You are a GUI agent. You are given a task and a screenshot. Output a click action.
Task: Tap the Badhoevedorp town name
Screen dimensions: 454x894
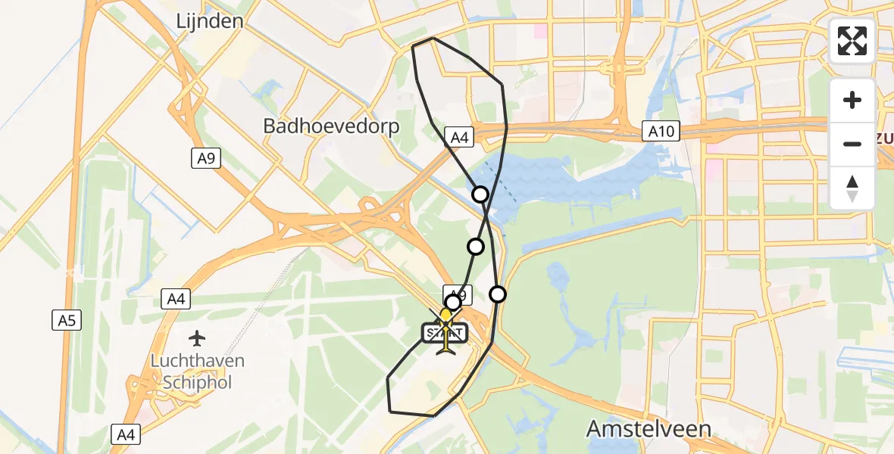(x=331, y=126)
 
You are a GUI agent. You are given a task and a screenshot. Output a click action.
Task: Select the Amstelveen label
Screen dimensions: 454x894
(x=649, y=429)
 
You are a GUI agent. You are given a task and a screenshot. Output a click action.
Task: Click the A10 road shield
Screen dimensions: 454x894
(x=661, y=132)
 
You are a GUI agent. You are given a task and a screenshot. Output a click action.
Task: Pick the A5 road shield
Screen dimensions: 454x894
(x=67, y=320)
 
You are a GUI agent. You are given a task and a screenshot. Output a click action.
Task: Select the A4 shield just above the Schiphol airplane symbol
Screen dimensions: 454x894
(x=177, y=300)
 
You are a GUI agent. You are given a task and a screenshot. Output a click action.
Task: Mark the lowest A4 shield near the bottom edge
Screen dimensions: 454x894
(x=126, y=434)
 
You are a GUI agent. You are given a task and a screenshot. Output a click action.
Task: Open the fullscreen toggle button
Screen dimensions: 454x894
(x=852, y=41)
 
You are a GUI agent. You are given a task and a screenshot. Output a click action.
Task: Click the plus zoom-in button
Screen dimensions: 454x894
(x=852, y=100)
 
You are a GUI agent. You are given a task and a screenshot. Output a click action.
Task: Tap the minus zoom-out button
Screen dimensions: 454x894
(x=852, y=144)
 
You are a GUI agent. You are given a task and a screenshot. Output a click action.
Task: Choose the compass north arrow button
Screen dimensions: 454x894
(x=852, y=188)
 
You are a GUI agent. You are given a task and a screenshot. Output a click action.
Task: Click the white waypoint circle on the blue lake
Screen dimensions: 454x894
(x=480, y=194)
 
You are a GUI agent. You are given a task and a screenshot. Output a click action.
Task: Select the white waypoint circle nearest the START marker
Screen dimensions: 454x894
(x=453, y=303)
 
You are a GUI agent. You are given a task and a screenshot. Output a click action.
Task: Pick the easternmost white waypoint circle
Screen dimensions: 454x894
(x=498, y=294)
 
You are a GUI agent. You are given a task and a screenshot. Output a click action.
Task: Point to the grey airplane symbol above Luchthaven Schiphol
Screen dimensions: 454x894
(x=198, y=337)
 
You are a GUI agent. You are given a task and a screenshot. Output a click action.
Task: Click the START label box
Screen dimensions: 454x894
(x=445, y=331)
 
